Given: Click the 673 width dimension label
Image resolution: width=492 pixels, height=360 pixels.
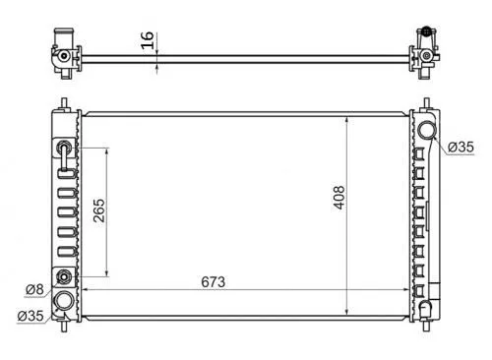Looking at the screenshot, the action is (214, 282).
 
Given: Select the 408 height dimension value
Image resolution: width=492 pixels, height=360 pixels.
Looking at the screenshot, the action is (339, 198).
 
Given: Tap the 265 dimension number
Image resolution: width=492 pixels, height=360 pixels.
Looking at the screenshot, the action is (99, 210).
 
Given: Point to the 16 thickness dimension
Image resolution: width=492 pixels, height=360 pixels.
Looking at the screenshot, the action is (148, 40).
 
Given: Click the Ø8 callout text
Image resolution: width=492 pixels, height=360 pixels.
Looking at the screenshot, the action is (34, 289).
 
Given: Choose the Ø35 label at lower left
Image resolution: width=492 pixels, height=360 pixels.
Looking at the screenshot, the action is (31, 316).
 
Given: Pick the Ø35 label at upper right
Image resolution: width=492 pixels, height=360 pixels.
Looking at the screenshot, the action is (461, 147).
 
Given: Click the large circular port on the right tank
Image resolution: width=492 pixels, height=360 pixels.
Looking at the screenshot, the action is (427, 130).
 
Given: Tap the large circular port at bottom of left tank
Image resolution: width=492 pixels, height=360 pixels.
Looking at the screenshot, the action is (64, 301).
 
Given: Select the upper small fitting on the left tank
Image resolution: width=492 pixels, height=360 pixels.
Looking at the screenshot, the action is (64, 147).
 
